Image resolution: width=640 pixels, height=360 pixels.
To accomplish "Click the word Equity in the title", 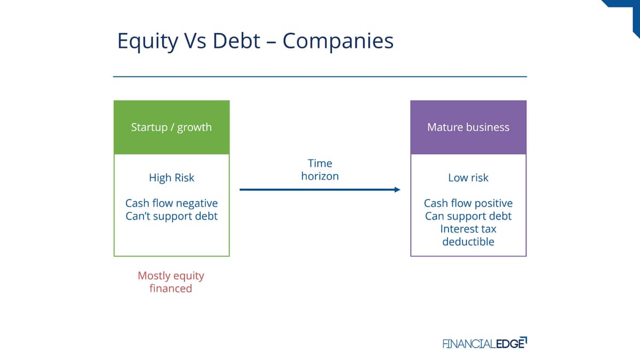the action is pyautogui.click(x=148, y=42).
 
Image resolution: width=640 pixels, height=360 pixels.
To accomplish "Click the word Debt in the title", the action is pyautogui.click(x=237, y=41).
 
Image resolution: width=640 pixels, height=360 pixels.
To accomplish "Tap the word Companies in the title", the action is pyautogui.click(x=338, y=42).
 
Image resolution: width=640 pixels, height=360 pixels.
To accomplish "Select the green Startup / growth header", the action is pyautogui.click(x=171, y=127).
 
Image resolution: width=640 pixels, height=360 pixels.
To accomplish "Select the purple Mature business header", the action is pyautogui.click(x=468, y=127).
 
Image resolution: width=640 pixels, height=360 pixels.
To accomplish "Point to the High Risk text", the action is pyautogui.click(x=171, y=178).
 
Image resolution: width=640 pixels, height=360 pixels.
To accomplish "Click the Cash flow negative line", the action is pyautogui.click(x=171, y=203).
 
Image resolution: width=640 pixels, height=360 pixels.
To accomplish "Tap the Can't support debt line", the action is pyautogui.click(x=171, y=216).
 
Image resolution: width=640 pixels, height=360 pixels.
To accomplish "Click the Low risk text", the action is pyautogui.click(x=468, y=178).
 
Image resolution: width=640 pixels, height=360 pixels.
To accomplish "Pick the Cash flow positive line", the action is pyautogui.click(x=468, y=203).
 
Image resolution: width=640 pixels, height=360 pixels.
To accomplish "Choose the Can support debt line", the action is pyautogui.click(x=468, y=217).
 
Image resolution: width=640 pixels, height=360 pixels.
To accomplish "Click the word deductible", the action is pyautogui.click(x=468, y=242).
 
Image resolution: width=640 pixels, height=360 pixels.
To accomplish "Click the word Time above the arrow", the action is pyautogui.click(x=320, y=163).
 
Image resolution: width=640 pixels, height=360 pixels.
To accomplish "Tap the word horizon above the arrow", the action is pyautogui.click(x=320, y=176).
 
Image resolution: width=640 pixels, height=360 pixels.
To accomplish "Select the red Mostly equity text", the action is pyautogui.click(x=171, y=276).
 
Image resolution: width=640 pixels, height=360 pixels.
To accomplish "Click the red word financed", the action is pyautogui.click(x=171, y=289).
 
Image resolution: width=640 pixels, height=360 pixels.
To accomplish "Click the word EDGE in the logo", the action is pyautogui.click(x=511, y=343).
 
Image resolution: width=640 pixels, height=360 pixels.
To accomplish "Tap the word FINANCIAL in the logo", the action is pyautogui.click(x=469, y=343).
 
